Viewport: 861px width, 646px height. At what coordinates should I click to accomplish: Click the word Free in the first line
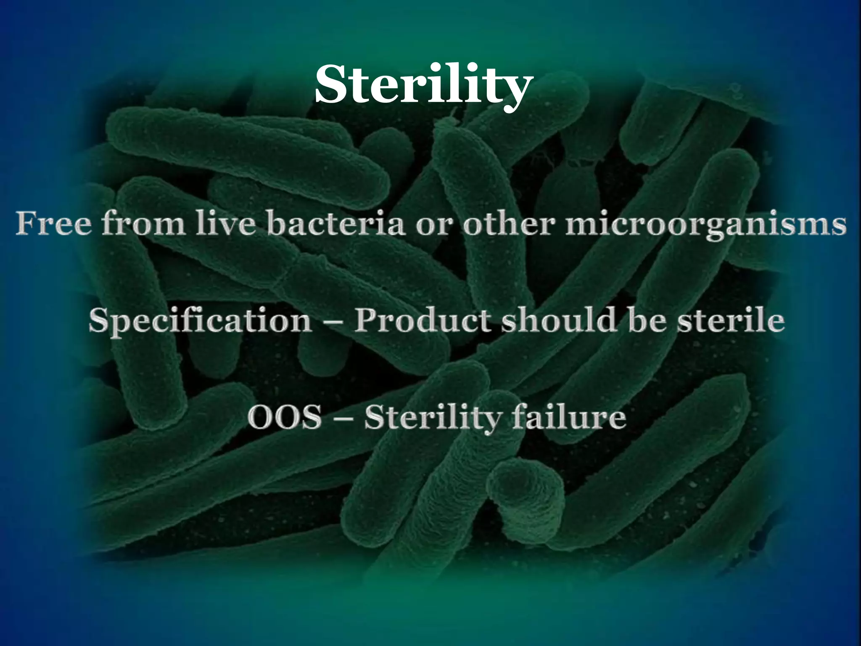point(53,224)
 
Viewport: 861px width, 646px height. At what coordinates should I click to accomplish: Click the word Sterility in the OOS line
point(433,419)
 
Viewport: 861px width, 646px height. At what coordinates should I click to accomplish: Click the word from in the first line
point(143,224)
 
